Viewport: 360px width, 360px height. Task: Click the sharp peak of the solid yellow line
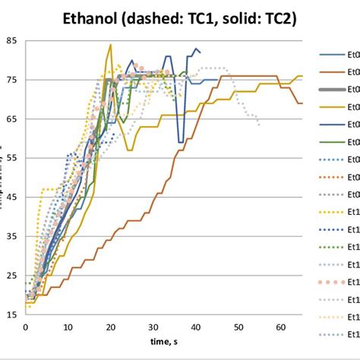pyautogui.click(x=110, y=44)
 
